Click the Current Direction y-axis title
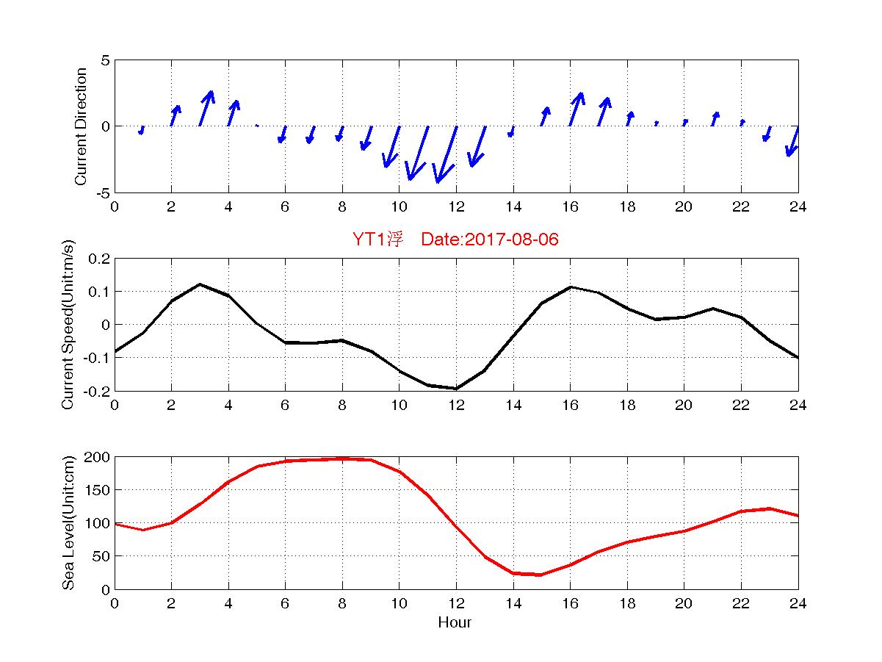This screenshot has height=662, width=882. pos(81,126)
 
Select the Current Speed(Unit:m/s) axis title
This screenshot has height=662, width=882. pos(68,324)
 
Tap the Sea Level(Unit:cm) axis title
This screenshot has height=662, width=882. pos(68,522)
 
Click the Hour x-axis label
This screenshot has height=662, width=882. pos(455,623)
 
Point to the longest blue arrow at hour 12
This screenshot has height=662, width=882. pos(447,154)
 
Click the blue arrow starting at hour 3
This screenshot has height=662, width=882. pos(206,108)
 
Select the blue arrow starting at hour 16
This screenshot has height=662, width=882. pos(576,109)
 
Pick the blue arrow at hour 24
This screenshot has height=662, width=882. pos(792,141)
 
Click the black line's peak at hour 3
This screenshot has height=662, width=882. pos(200,284)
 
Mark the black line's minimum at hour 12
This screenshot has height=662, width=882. pos(456,388)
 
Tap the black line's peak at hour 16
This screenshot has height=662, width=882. pos(571,287)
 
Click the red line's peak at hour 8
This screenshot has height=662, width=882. pos(342,458)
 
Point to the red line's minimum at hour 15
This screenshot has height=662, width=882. pos(541,575)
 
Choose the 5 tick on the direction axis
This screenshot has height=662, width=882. pos(106,60)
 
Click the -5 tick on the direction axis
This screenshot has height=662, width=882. pos(104,193)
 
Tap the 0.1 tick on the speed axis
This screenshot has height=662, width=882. pos(98,292)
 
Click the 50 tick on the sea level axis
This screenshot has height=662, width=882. pos(102,556)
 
